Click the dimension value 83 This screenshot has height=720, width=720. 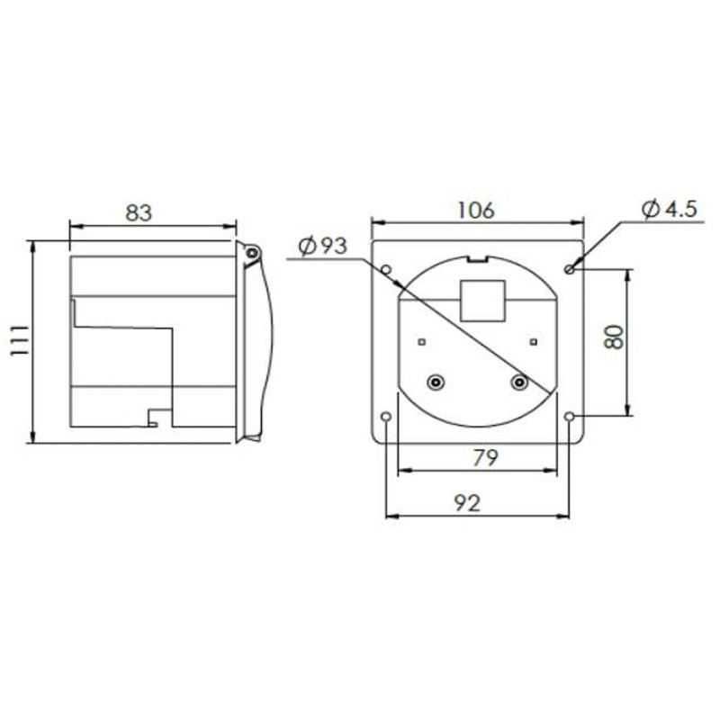click(138, 213)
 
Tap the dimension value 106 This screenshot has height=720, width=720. click(475, 210)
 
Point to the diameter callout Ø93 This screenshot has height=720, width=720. click(321, 246)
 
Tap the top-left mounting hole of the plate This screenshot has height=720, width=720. click(387, 269)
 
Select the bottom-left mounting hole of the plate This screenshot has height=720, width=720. click(387, 417)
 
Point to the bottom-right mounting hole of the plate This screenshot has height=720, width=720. click(570, 417)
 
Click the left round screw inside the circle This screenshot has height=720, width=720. click(435, 382)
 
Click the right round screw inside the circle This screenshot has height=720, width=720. click(518, 382)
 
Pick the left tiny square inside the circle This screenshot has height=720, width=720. click(420, 341)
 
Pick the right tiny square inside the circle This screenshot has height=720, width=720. click(534, 341)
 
